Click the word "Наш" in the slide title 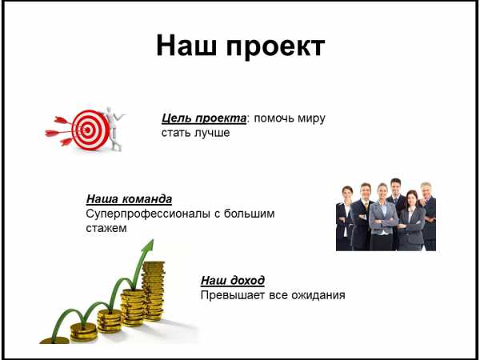tap(186, 46)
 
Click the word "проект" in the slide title tap(275, 48)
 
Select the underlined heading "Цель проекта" tap(203, 118)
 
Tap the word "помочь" tap(270, 118)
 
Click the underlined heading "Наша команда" tap(129, 199)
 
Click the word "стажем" tap(106, 228)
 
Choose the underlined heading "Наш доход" tap(233, 281)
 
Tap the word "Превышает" tap(234, 295)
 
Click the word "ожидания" tap(318, 296)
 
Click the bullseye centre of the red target tap(87, 130)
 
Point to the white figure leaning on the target tap(114, 129)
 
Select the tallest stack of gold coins tap(153, 291)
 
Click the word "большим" tap(249, 214)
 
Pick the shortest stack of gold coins tap(54, 340)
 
